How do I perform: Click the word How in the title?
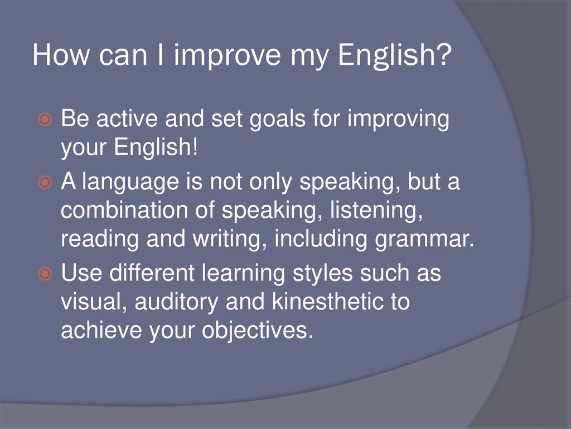pyautogui.click(x=60, y=55)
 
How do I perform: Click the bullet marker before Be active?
pyautogui.click(x=45, y=120)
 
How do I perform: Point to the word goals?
pyautogui.click(x=277, y=120)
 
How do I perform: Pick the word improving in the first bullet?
pyautogui.click(x=398, y=120)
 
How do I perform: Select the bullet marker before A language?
pyautogui.click(x=45, y=182)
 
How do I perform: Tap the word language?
pyautogui.click(x=130, y=183)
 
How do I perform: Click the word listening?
pyautogui.click(x=376, y=211)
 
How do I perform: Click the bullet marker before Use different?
pyautogui.click(x=45, y=274)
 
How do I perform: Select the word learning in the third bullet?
pyautogui.click(x=243, y=274)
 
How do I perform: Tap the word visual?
pyautogui.click(x=94, y=302)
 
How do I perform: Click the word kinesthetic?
pyautogui.click(x=328, y=302)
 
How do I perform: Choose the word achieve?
pyautogui.click(x=101, y=330)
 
